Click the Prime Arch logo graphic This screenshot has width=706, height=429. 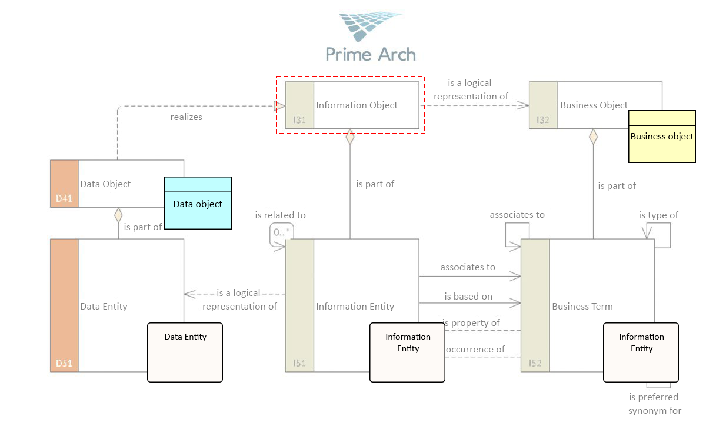point(370,26)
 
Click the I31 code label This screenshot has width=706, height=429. point(299,120)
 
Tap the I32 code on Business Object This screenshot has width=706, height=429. point(542,120)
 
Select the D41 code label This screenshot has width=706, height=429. point(64,198)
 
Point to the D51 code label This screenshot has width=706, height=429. point(64,364)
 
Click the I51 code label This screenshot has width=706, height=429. point(299,364)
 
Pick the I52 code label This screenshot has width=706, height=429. point(535,364)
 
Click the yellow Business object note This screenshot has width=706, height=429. point(662,137)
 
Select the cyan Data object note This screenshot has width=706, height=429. point(198,203)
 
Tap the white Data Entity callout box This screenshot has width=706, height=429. point(185,352)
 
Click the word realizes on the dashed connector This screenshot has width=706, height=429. point(187,117)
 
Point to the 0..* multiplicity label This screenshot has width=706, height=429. point(281,232)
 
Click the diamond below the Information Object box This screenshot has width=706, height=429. point(350,137)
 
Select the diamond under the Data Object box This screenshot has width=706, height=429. point(118,215)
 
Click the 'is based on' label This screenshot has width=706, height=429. point(468,296)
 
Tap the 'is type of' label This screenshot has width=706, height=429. point(658,215)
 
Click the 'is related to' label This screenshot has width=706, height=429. point(280,215)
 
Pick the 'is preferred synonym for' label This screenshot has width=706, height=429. point(654,404)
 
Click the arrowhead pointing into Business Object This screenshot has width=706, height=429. point(523,105)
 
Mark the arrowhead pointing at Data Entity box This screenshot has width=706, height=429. point(189,294)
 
